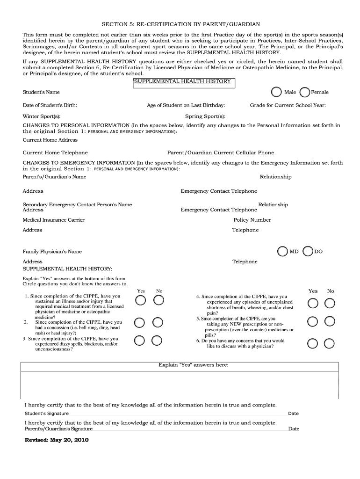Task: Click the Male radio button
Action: tap(277, 92)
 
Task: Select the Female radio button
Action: tap(304, 92)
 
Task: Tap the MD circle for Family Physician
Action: tap(282, 252)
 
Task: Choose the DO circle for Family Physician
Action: tap(308, 252)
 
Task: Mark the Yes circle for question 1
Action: tap(140, 300)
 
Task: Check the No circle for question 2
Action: tap(158, 322)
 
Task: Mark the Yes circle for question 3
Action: tap(139, 341)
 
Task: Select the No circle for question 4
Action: tap(330, 304)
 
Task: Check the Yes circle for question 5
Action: tap(313, 321)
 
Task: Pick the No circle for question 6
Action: tap(330, 344)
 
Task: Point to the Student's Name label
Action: tap(41, 92)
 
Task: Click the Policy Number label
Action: tap(252, 220)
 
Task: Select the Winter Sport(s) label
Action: tap(42, 116)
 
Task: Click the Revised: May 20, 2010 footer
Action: tap(57, 440)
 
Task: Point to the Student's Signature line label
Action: tap(47, 414)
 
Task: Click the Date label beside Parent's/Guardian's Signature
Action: tap(294, 428)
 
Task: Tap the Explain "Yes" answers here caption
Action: tap(194, 365)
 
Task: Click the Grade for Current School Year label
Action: tap(288, 105)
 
